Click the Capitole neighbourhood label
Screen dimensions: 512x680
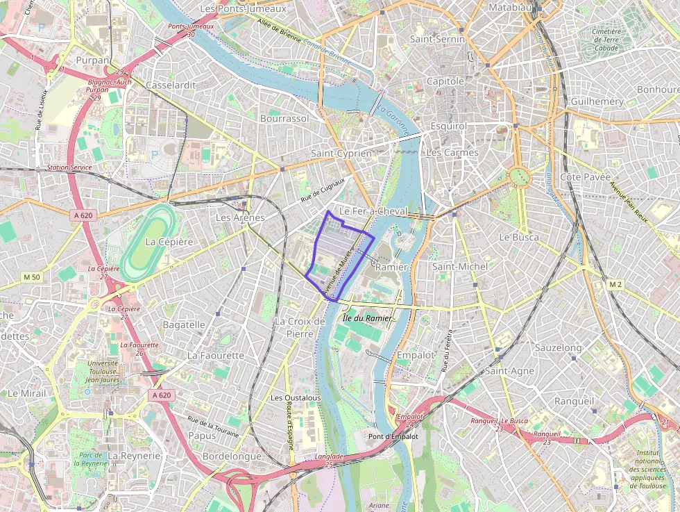pos(445,81)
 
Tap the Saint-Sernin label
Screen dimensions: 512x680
pos(436,40)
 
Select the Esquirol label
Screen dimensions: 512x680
pos(448,126)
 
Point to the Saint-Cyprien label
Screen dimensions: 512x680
pos(341,153)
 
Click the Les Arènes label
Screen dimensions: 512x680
pos(240,217)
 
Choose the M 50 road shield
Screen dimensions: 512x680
pos(32,277)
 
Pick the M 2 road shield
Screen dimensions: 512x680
pos(615,285)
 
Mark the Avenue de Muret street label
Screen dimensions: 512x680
pos(340,272)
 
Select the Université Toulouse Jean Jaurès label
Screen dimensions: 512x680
pos(102,372)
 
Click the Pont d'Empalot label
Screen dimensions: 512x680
pos(393,436)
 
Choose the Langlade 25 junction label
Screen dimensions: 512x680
pos(329,460)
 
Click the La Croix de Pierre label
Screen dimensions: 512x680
pos(300,327)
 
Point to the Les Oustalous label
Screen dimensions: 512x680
pos(296,398)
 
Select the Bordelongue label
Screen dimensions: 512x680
pos(232,456)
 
